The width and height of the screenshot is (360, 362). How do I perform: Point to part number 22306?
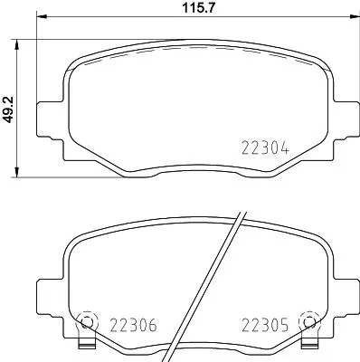(x=133, y=325)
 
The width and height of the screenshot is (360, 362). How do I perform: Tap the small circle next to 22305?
(x=310, y=321)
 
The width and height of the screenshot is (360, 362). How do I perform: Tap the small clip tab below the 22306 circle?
(x=88, y=346)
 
